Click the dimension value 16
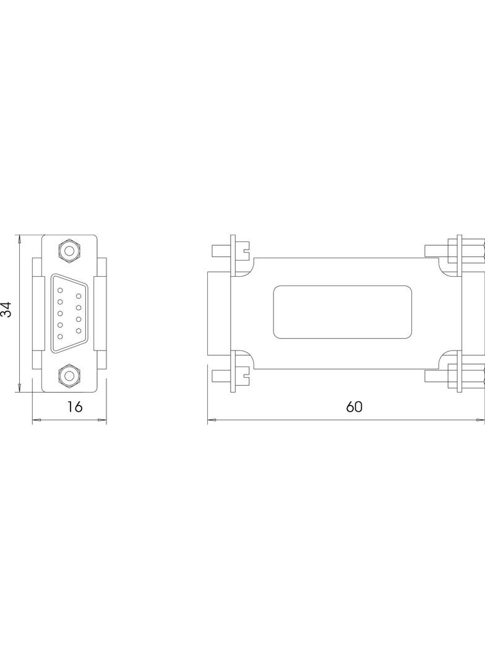point(75,407)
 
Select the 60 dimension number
point(354,407)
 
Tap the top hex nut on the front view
point(69,251)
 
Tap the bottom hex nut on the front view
point(69,375)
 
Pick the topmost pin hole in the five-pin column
point(60,289)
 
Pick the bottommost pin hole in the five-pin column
point(60,336)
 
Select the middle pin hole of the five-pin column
point(60,313)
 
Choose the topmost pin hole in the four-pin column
point(79,295)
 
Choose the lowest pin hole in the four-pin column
point(79,331)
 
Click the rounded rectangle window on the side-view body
point(342,312)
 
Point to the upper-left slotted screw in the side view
point(230,251)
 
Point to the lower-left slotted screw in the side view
point(230,375)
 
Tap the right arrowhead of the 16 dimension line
point(103,420)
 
